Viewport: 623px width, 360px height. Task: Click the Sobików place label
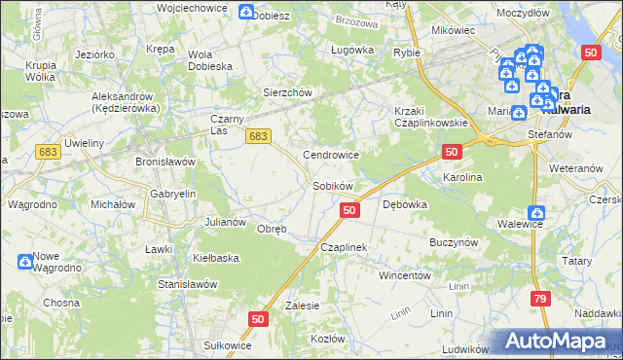[332, 185]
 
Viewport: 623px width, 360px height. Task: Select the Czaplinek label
[343, 247]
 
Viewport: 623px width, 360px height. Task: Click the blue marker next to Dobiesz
[246, 13]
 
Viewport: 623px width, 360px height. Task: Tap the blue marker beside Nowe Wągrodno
[24, 261]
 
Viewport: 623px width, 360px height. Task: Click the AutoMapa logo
[558, 341]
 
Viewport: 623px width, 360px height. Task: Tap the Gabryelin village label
[173, 194]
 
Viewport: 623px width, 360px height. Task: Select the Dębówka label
[406, 204]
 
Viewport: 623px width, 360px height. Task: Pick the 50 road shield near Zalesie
[258, 318]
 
